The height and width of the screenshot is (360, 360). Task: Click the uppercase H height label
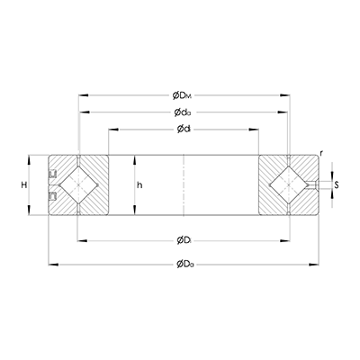point(22,184)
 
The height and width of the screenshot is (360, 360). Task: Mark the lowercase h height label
point(139,184)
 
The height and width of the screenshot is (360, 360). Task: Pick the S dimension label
point(337,185)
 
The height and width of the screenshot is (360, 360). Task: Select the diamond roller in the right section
point(288,184)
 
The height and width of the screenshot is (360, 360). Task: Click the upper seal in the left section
point(52,173)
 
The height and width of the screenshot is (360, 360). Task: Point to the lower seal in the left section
point(52,195)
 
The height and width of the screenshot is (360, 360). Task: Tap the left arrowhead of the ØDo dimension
point(49,263)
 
